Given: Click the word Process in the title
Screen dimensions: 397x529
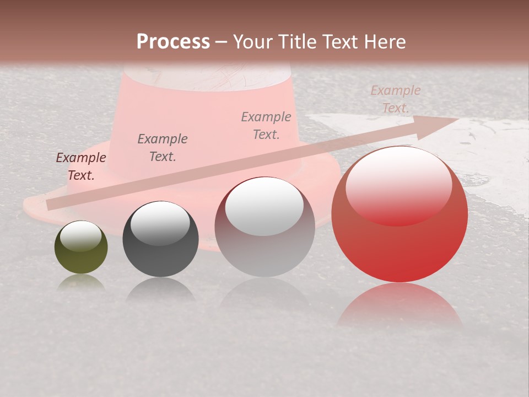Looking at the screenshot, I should (x=173, y=41).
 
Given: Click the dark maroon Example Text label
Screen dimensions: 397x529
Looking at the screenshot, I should (x=81, y=166).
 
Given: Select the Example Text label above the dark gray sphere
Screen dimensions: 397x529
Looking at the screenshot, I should (x=163, y=147).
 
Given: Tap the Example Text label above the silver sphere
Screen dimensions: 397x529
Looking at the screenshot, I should (x=266, y=125).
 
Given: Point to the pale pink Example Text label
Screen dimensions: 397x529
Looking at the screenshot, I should (x=396, y=99).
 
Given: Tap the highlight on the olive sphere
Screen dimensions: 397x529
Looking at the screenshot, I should (x=81, y=236).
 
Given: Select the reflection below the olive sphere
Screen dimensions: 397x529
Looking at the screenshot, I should (x=81, y=282).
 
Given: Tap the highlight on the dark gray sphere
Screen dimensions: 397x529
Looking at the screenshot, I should (x=160, y=222).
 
